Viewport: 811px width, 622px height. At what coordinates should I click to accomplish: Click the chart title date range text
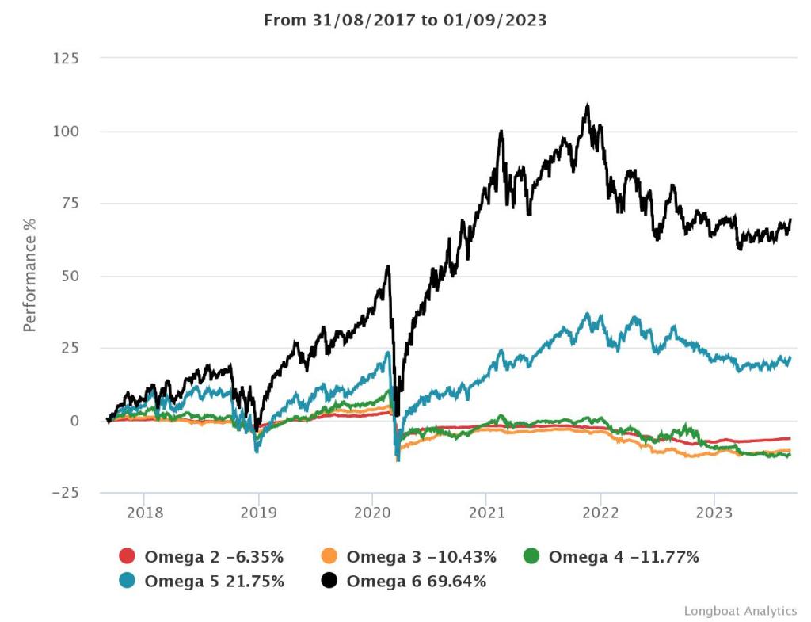[x=405, y=21]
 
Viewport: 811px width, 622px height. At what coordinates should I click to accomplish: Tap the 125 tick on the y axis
[x=66, y=59]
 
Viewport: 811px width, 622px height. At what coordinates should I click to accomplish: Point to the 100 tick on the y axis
[x=66, y=131]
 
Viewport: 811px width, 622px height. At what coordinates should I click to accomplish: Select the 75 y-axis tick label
[x=70, y=204]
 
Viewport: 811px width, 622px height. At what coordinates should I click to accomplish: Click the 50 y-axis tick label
[x=70, y=276]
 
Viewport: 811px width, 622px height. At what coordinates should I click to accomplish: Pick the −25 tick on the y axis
[x=66, y=493]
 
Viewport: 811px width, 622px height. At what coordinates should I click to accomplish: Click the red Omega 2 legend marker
[x=128, y=557]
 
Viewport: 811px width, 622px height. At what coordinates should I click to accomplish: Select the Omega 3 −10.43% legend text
[x=421, y=557]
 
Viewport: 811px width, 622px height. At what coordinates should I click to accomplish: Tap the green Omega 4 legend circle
[x=531, y=557]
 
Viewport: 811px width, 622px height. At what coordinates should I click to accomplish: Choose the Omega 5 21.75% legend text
[x=214, y=582]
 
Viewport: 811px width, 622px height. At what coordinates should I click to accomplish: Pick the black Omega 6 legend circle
[x=329, y=582]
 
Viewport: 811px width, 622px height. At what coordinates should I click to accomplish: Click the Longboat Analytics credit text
[x=741, y=611]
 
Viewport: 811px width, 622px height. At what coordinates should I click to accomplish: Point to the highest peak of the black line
[x=587, y=104]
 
